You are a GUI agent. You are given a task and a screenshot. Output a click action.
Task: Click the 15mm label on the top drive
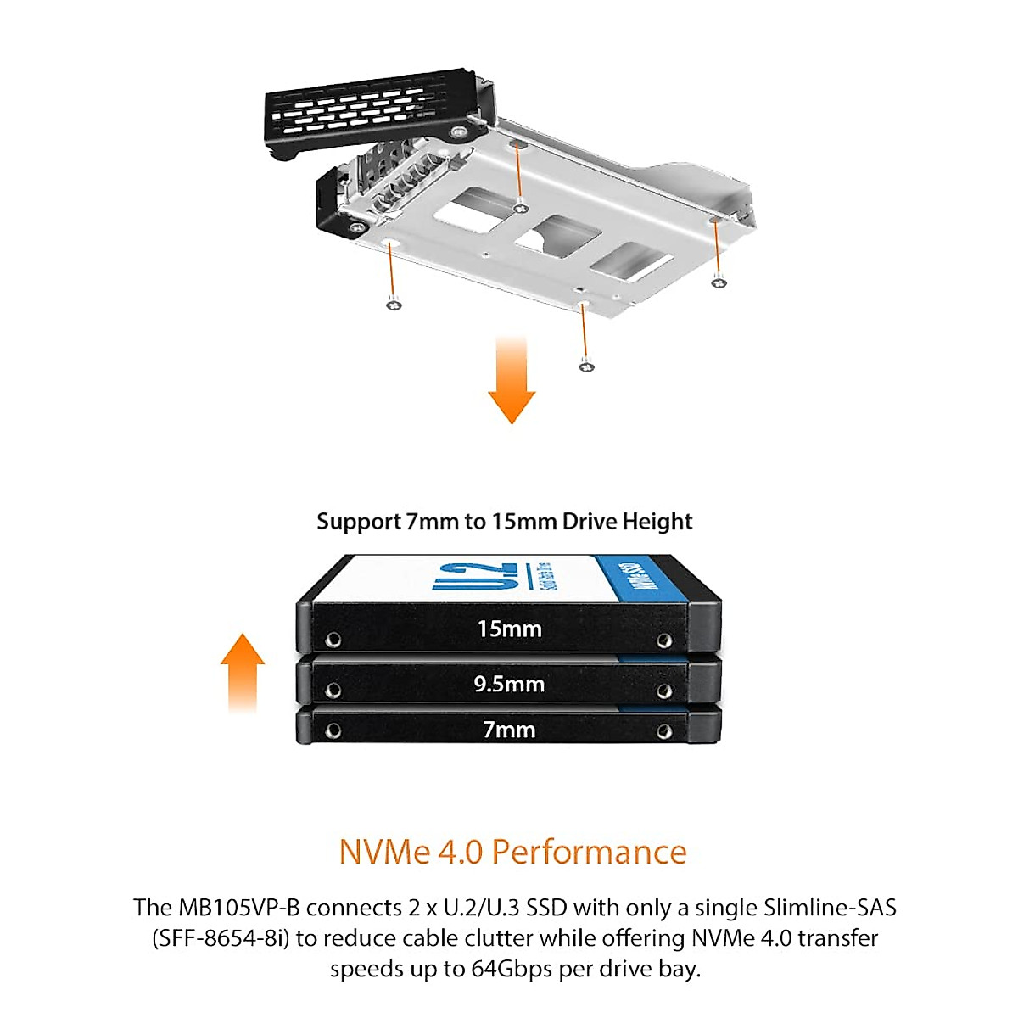tap(509, 629)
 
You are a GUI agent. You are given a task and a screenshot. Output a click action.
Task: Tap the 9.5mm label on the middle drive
tap(509, 684)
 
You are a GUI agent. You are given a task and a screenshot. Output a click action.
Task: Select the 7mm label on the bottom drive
tap(509, 730)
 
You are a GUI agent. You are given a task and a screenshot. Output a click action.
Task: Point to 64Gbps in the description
tap(512, 969)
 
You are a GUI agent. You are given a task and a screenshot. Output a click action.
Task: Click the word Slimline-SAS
tap(830, 908)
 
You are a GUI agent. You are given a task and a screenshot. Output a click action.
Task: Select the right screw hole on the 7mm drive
tap(664, 731)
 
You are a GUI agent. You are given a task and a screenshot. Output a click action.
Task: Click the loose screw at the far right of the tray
tap(719, 282)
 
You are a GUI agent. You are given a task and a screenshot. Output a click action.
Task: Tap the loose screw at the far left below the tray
tap(393, 304)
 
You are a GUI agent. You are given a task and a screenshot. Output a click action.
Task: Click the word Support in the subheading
tap(359, 521)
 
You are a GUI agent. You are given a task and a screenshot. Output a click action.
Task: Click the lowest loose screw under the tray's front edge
tap(585, 366)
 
